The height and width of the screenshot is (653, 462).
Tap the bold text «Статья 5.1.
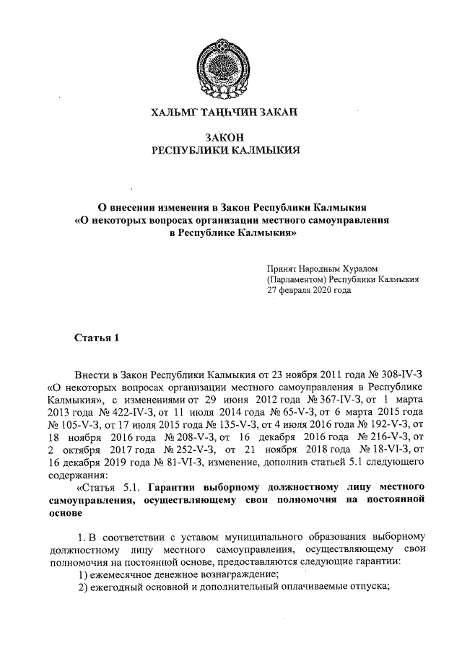[x=99, y=488]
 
